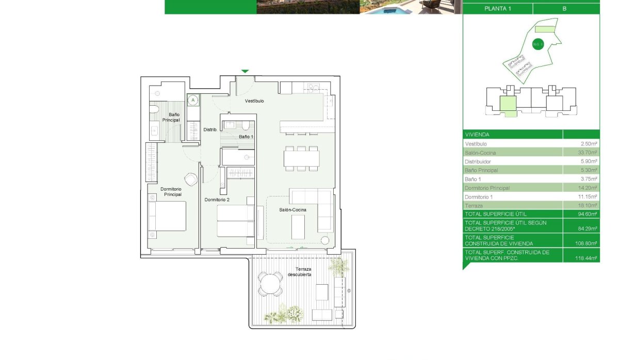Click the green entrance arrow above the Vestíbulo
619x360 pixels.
pyautogui.click(x=245, y=71)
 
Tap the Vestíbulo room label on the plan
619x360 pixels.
pyautogui.click(x=254, y=101)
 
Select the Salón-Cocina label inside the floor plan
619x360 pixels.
pyautogui.click(x=293, y=210)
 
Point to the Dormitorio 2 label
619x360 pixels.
pyautogui.click(x=217, y=200)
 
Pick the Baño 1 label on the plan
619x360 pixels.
pyautogui.click(x=246, y=137)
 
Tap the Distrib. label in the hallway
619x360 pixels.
pyautogui.click(x=210, y=129)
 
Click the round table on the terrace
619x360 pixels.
pyautogui.click(x=271, y=284)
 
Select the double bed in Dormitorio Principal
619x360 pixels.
pyautogui.click(x=167, y=216)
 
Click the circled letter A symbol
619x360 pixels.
pyautogui.click(x=193, y=100)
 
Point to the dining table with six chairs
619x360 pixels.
pyautogui.click(x=301, y=158)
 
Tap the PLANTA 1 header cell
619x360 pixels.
pyautogui.click(x=498, y=9)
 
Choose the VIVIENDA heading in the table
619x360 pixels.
pyautogui.click(x=477, y=134)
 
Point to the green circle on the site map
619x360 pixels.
pyautogui.click(x=536, y=45)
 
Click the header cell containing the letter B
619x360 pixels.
pyautogui.click(x=566, y=9)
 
